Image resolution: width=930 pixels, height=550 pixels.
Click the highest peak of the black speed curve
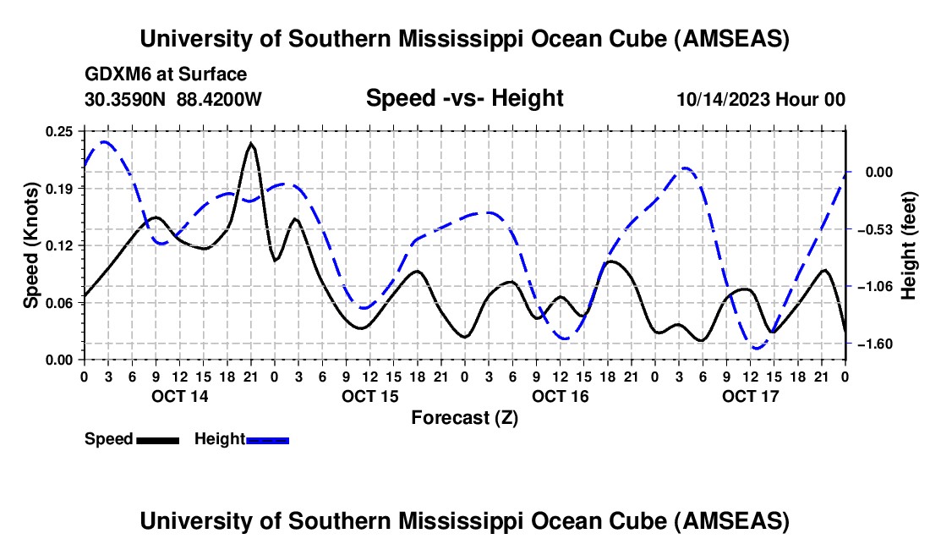tap(251, 144)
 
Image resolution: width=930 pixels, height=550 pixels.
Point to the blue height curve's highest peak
tap(104, 141)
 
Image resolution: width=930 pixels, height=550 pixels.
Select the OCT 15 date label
tap(369, 396)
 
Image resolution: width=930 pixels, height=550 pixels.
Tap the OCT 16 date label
tap(560, 396)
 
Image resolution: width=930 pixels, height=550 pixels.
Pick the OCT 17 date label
tap(750, 396)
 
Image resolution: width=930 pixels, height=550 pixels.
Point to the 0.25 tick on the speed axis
tap(60, 131)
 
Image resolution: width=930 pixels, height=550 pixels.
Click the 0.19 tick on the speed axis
tap(60, 188)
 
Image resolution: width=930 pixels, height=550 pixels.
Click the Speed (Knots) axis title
tap(30, 245)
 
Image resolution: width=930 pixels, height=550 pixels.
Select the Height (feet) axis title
tap(909, 245)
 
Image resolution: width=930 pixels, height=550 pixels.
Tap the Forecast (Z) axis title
tap(464, 417)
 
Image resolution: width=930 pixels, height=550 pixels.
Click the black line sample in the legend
tap(157, 440)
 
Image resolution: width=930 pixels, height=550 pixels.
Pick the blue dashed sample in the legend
tap(267, 440)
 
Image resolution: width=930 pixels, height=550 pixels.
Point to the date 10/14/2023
tap(723, 99)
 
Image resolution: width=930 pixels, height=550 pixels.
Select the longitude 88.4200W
tap(219, 99)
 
